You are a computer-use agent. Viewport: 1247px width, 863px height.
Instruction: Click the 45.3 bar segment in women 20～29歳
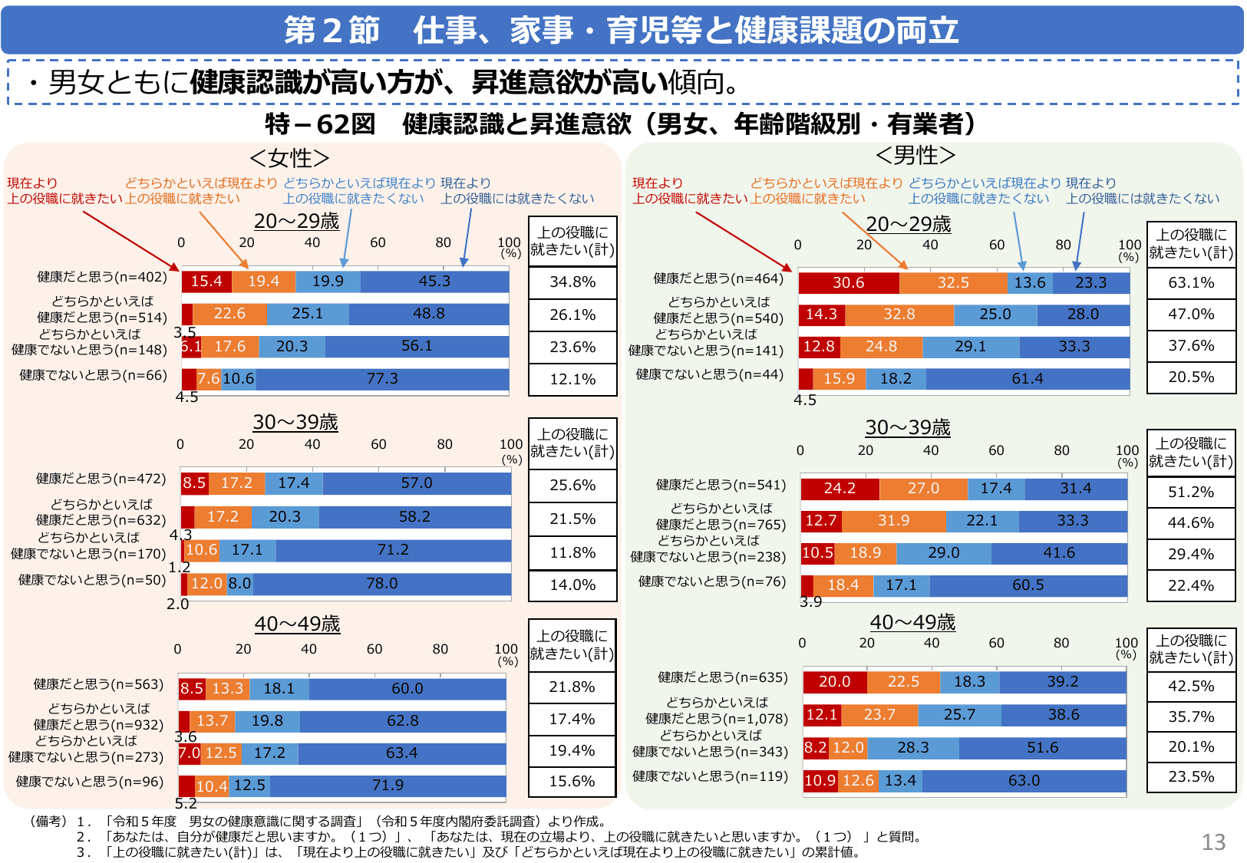(434, 282)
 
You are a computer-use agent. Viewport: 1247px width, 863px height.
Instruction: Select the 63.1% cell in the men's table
(1191, 283)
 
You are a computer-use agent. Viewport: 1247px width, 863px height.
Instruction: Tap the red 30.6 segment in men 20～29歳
(848, 283)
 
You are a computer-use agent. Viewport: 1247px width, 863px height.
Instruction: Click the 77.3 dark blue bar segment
(382, 379)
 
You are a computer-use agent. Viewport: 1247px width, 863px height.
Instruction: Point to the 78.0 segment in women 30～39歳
(381, 584)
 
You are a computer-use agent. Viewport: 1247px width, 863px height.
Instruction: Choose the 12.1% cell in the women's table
(572, 380)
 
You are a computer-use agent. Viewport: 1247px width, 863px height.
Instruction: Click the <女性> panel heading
(289, 158)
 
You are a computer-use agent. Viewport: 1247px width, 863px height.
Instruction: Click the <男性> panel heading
(915, 156)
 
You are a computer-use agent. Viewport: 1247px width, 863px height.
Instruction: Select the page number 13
(1213, 842)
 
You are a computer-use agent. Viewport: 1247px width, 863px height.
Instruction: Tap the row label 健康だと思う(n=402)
(102, 277)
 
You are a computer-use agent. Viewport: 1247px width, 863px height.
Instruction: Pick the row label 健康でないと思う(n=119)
(710, 776)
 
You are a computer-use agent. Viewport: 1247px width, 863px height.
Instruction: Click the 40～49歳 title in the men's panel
(912, 622)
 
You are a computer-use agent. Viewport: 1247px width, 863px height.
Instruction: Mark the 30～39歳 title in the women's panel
(295, 423)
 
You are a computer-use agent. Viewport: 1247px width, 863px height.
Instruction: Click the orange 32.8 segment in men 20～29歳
(899, 315)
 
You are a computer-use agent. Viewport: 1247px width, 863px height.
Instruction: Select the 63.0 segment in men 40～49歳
(1024, 781)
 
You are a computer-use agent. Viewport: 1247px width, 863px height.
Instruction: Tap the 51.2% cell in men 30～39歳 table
(1191, 492)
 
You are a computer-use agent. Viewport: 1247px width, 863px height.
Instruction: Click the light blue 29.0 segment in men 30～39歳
(943, 553)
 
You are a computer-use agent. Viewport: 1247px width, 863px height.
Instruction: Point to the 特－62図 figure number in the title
(320, 124)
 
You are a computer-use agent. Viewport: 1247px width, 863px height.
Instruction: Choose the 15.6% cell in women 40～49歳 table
(572, 782)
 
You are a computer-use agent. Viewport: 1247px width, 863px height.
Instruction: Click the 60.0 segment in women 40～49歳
(407, 689)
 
